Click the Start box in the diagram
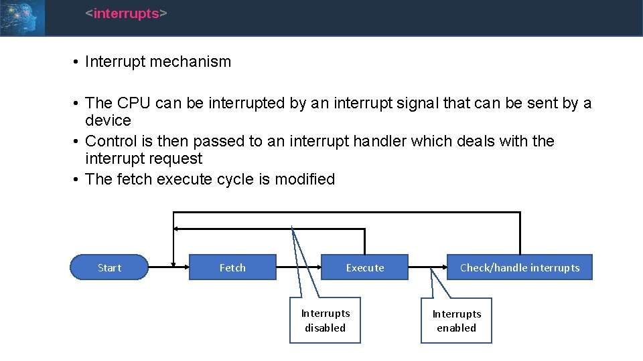pyautogui.click(x=109, y=267)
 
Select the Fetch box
pyautogui.click(x=232, y=267)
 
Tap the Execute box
pyautogui.click(x=364, y=267)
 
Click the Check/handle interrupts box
pyautogui.click(x=520, y=267)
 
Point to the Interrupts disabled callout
pyautogui.click(x=325, y=320)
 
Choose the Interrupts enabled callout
pyautogui.click(x=456, y=321)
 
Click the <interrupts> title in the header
pyautogui.click(x=126, y=13)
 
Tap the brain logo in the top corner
pyautogui.click(x=22, y=17)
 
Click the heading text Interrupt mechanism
pyautogui.click(x=158, y=62)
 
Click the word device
pyautogui.click(x=108, y=120)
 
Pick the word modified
pyautogui.click(x=303, y=179)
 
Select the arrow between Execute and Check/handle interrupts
pyautogui.click(x=427, y=267)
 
